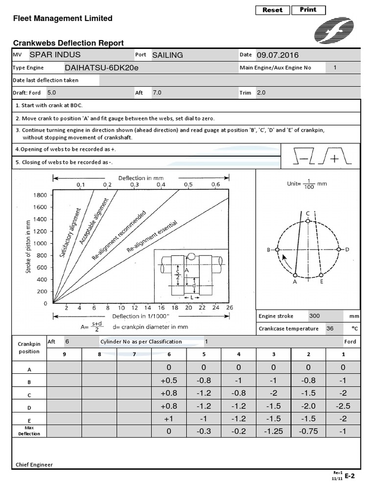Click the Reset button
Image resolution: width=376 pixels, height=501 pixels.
point(272,10)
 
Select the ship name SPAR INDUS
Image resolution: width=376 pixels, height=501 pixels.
point(55,55)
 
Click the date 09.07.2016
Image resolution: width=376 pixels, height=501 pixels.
point(277,55)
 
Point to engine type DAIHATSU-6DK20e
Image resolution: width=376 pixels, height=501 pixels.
point(101,68)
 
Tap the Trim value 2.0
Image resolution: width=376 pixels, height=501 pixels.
point(261,92)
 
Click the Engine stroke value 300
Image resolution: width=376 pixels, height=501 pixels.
point(314,316)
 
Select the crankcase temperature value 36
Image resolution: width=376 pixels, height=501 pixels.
point(330,329)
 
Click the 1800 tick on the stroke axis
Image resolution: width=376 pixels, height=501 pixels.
point(40,195)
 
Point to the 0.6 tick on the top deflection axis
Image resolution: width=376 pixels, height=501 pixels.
point(215,184)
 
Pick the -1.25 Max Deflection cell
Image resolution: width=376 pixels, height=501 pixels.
point(273,431)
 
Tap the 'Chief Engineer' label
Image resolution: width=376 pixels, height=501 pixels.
point(34,465)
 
